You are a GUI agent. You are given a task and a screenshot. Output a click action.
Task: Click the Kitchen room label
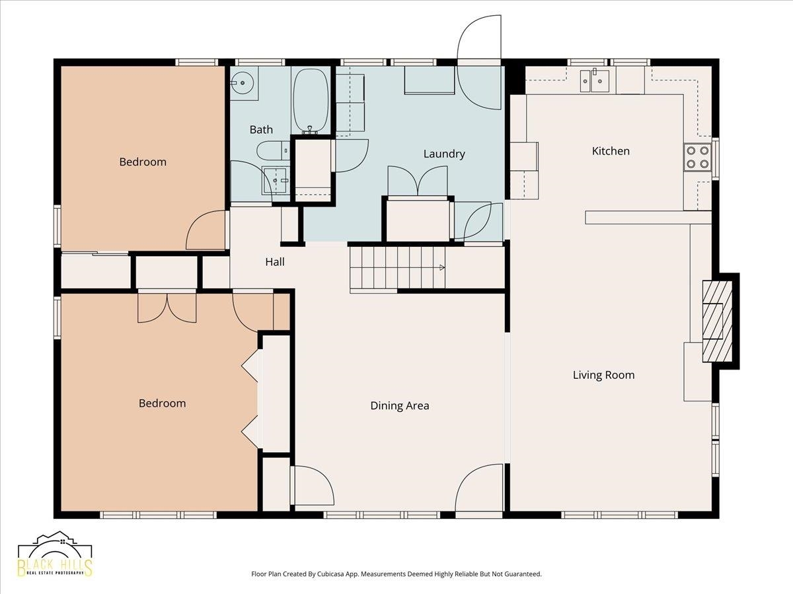[x=611, y=150]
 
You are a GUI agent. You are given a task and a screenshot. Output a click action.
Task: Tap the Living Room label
[x=604, y=375]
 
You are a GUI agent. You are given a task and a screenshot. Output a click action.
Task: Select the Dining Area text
[x=400, y=406]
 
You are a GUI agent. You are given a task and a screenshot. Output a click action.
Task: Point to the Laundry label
[x=444, y=154]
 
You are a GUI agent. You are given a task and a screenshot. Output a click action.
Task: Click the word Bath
[x=261, y=129]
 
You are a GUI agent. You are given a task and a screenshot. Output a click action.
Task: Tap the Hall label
[x=274, y=262]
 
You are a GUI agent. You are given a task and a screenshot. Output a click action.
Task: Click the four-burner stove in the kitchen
[x=697, y=157]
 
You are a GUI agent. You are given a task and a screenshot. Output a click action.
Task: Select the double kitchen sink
[x=595, y=81]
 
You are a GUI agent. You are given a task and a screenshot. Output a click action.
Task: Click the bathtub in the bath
[x=311, y=100]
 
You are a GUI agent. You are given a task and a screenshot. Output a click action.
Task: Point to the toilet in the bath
[x=274, y=150]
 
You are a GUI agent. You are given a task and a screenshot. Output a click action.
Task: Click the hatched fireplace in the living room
[x=717, y=321]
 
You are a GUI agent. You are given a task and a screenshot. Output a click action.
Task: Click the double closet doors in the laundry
[x=417, y=180]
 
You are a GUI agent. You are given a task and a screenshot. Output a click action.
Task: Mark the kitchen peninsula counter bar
[x=648, y=218]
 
